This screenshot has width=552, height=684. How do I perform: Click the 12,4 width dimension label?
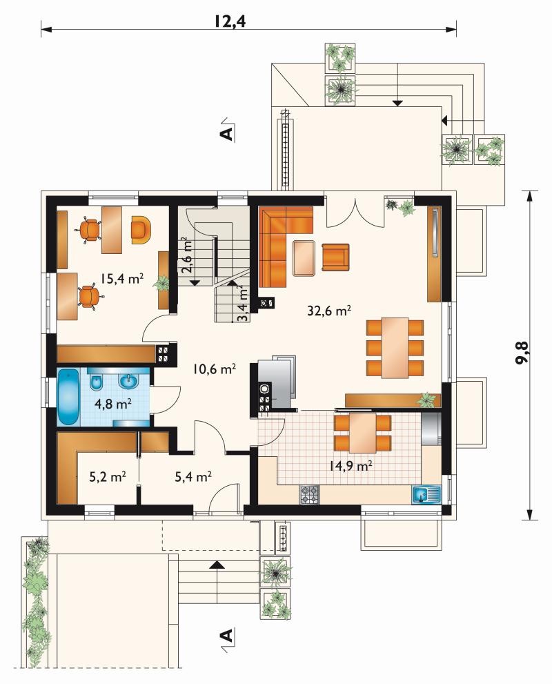229,21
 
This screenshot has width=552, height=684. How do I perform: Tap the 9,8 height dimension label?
522,351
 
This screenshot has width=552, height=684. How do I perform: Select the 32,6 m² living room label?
329,311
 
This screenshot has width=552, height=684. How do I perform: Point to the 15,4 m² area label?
122,278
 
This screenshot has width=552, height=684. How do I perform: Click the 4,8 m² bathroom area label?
113,404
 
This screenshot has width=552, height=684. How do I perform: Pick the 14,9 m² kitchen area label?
351,466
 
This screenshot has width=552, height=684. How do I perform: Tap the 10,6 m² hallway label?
215,369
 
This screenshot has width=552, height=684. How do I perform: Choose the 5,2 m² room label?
108,477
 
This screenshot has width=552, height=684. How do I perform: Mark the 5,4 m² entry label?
193,477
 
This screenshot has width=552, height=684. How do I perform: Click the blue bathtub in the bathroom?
68,397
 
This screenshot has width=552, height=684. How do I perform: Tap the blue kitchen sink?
426,495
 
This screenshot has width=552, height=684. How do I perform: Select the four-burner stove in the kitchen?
310,495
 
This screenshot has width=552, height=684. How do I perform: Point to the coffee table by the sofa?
304,258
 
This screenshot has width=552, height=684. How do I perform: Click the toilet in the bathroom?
97,381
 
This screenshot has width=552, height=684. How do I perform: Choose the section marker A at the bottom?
227,635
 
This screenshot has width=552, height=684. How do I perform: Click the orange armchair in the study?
141,229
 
